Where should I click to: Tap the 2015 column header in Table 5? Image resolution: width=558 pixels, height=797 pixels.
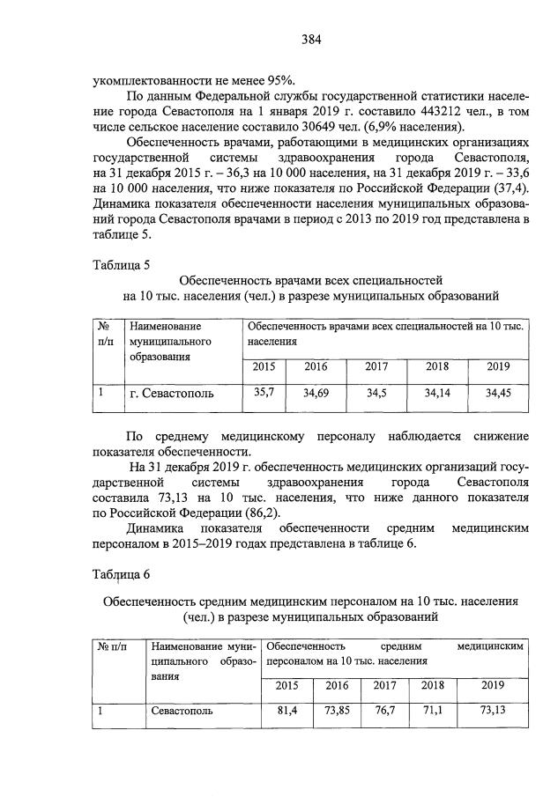point(264,367)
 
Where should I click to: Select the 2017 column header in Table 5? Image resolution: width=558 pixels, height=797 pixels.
point(376,367)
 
